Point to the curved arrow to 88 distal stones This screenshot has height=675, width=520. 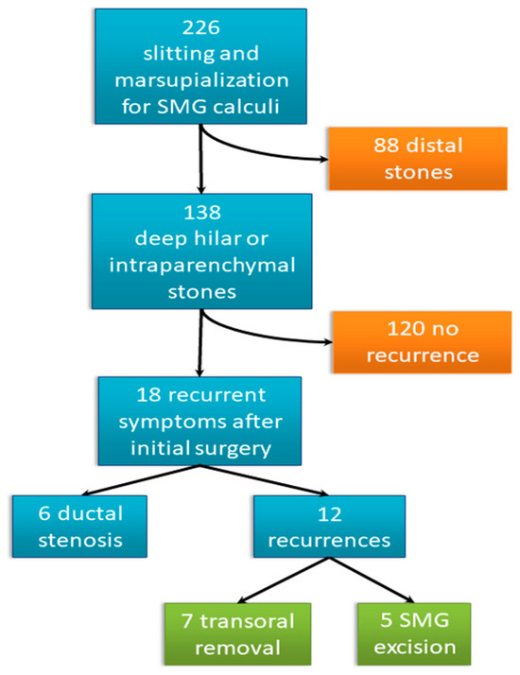click(265, 152)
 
